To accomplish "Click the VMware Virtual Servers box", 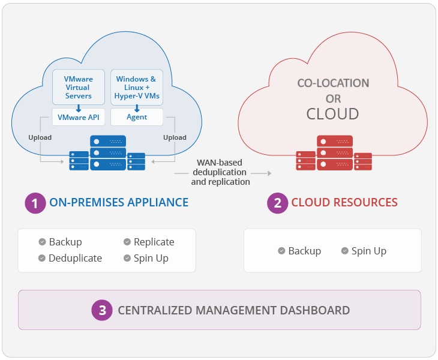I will tap(78, 88).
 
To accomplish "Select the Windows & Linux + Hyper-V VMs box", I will tap(136, 88).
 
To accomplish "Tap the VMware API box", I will tap(79, 117).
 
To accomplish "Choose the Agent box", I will tap(137, 117).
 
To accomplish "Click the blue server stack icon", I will tap(108, 154).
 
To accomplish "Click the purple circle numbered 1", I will tap(35, 203).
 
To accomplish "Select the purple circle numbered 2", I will tap(277, 203).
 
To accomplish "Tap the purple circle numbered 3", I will tap(103, 310).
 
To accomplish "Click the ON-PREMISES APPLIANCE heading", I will tap(119, 203).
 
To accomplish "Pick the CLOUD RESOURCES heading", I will tap(344, 203).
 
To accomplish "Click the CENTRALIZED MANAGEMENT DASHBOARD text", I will tap(233, 310).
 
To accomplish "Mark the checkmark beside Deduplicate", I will tap(42, 258).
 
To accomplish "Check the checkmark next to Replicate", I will tap(127, 242).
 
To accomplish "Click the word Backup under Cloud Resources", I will tap(305, 251).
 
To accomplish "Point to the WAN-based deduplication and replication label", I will tap(220, 172).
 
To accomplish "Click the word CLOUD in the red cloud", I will tap(333, 114).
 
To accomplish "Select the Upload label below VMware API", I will tap(40, 137).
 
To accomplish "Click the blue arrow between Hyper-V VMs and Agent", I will tap(137, 108).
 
